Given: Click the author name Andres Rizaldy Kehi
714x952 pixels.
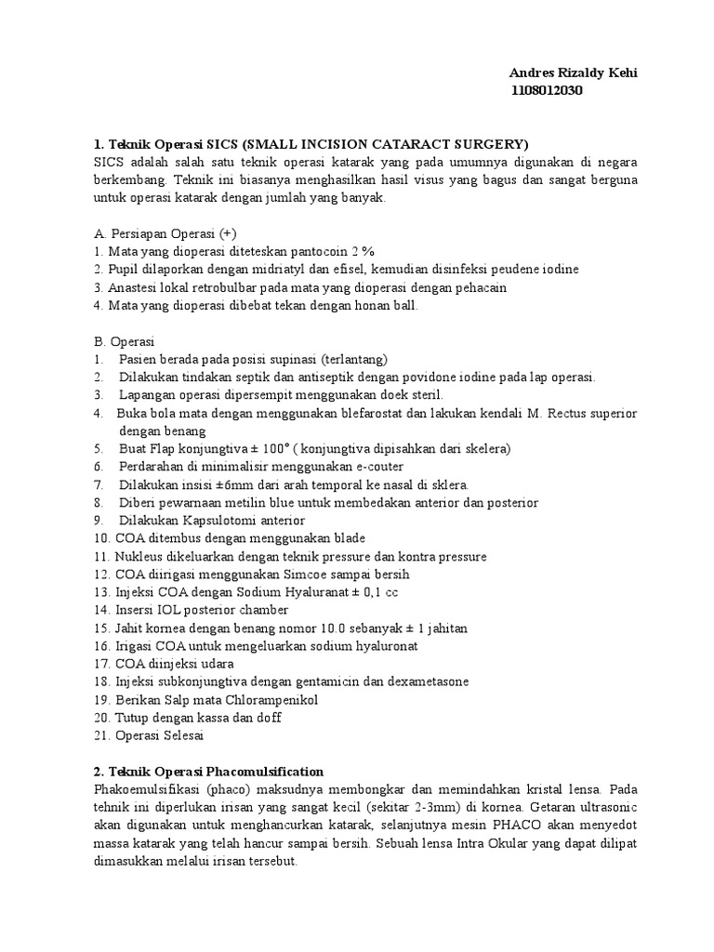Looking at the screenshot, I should [x=574, y=73].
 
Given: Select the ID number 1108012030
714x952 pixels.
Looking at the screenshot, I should [x=548, y=90].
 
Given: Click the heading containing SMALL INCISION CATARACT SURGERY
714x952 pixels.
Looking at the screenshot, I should [x=311, y=144].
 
